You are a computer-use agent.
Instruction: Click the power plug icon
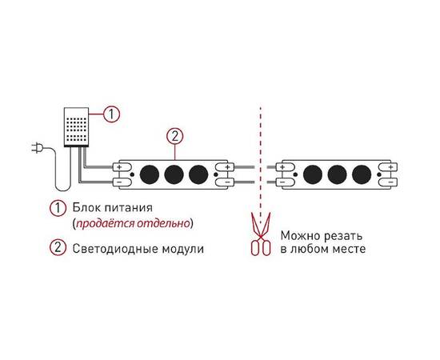(37, 148)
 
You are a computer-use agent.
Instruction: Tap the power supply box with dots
(76, 127)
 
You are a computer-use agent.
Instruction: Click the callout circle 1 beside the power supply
(111, 114)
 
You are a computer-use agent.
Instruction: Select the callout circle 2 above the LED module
(174, 137)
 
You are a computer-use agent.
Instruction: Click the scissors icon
(261, 234)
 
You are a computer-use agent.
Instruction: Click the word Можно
(301, 236)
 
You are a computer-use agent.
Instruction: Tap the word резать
(343, 237)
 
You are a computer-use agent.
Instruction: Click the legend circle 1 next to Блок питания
(58, 208)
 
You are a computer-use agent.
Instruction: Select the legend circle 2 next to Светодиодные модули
(58, 247)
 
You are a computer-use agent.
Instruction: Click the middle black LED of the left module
(174, 174)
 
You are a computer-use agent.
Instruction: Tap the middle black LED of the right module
(338, 174)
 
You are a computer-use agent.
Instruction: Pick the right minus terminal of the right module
(388, 182)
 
